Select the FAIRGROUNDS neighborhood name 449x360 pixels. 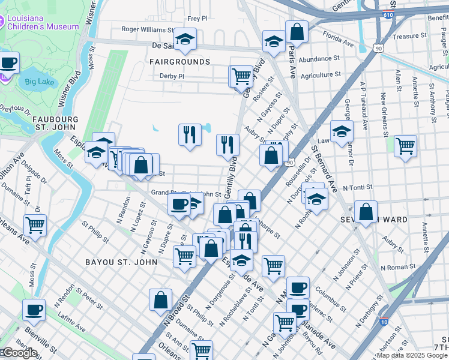pos(179,62)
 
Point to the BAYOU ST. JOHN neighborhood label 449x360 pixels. pos(121,262)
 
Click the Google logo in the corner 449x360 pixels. pos(19,353)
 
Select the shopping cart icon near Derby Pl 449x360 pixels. pos(241,76)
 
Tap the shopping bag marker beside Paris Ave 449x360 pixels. pos(297,31)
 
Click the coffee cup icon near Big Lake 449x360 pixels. pos(8,62)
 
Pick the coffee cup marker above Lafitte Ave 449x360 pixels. pos(34,310)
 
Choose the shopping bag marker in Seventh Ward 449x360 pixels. pos(366,212)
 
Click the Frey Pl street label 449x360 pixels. pos(197,19)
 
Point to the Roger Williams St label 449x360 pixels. pos(148,29)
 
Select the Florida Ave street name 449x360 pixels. pos(337,43)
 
